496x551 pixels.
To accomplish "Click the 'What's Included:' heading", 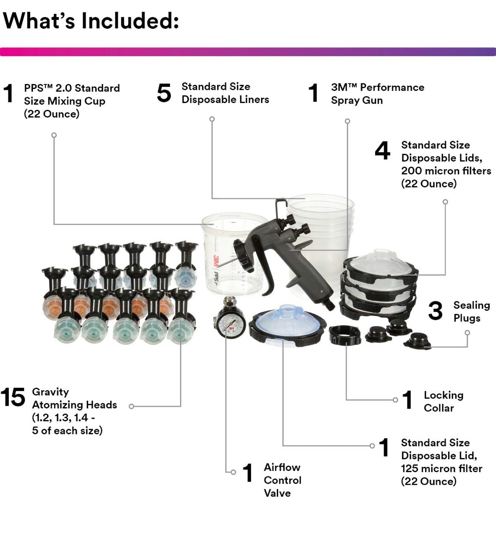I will (x=91, y=20).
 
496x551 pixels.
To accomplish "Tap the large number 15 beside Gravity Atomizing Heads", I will (x=13, y=397).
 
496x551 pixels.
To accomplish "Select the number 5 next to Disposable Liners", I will (x=164, y=93).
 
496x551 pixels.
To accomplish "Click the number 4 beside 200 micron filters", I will (x=382, y=151).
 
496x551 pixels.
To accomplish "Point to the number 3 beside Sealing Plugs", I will (x=435, y=311).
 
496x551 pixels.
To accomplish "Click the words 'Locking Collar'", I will (x=443, y=401).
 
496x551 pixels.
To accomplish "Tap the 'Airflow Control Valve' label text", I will (x=282, y=480).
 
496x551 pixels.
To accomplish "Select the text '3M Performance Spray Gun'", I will (x=377, y=94).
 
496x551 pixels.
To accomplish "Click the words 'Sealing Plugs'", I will (x=471, y=311).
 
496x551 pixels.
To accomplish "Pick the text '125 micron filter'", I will (x=441, y=468).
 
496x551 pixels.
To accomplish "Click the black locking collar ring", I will (x=345, y=334).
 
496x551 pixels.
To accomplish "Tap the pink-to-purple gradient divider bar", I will (x=248, y=52).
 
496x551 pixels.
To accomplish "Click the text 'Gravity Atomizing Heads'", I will (x=74, y=398).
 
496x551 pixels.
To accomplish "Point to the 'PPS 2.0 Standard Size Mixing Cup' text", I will (x=71, y=101).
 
